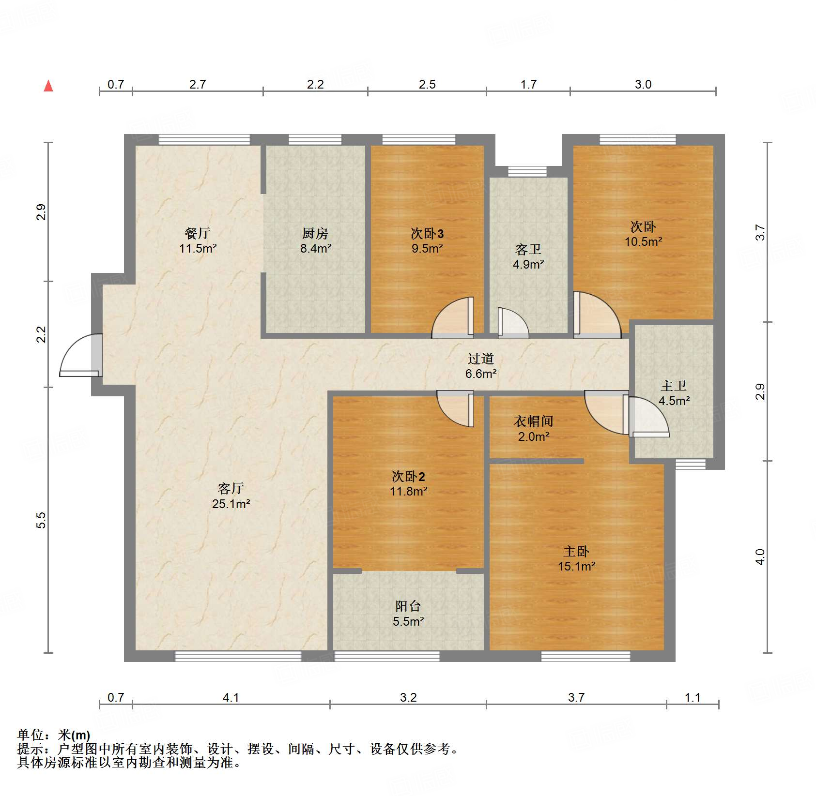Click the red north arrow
pos(48,86)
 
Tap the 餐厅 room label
pos(198,233)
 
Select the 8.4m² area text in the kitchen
pos(316,249)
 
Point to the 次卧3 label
pos(427,234)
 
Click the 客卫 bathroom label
pos(528,250)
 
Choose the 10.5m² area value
pos(643,241)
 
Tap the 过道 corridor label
pos(481,359)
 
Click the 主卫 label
pos(674,386)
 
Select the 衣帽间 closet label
pos(533,421)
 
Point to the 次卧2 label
pos(408,477)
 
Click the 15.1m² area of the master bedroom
pos(576,567)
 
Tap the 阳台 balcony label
pos(408,606)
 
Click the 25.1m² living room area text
pos(231,504)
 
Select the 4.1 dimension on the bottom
pos(231,697)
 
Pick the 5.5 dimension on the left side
pos(41,520)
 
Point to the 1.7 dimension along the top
pos(528,85)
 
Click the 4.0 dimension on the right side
pos(760,556)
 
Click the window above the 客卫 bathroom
pos(527,171)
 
